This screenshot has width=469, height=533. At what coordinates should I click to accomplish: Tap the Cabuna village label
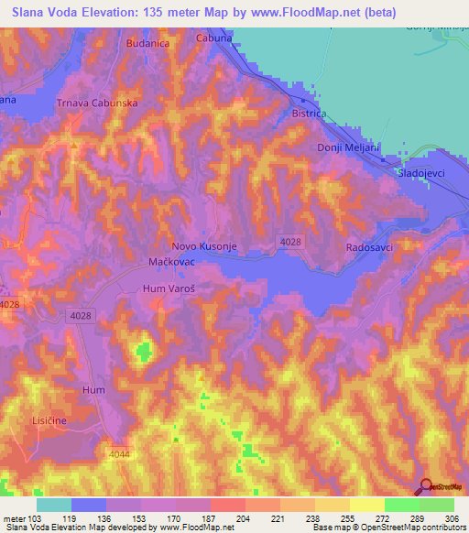[x=214, y=38]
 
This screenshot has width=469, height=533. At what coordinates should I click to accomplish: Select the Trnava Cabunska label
[x=97, y=103]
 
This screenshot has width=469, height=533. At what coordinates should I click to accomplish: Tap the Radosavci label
[x=370, y=248]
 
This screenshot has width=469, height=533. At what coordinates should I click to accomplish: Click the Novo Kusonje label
[x=205, y=246]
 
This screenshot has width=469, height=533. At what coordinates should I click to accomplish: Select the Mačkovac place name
[x=173, y=263]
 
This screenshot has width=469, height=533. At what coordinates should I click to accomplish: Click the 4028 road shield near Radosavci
[x=288, y=240]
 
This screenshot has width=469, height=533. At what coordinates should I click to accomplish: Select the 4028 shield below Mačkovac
[x=80, y=315]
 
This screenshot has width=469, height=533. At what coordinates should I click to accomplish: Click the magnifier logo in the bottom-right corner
[x=427, y=488]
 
